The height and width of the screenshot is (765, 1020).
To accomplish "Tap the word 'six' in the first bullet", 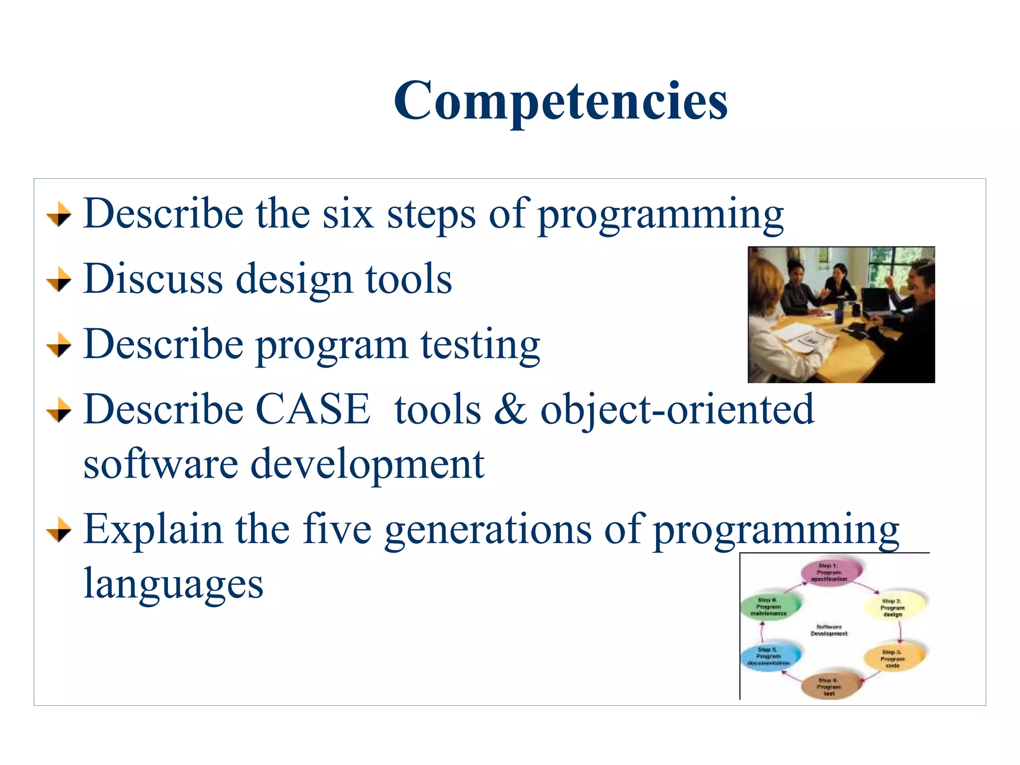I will (348, 214).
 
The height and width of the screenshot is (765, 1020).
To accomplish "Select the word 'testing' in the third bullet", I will (480, 345).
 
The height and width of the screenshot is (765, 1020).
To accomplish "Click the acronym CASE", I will (313, 409).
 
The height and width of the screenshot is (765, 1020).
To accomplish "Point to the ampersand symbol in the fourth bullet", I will (510, 409).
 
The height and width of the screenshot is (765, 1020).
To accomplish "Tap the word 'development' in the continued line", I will (367, 465).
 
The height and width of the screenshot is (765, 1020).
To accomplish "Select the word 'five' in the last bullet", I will (337, 529).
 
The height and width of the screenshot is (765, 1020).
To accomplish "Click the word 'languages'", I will (173, 584).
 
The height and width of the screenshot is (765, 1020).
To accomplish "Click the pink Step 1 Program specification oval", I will (829, 572).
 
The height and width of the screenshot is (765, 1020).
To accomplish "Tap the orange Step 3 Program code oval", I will (893, 658).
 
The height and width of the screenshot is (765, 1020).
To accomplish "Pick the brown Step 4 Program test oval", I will (829, 687).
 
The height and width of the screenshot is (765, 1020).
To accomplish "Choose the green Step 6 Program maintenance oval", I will (769, 607).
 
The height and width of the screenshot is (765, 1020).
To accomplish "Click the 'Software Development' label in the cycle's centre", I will (829, 630).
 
